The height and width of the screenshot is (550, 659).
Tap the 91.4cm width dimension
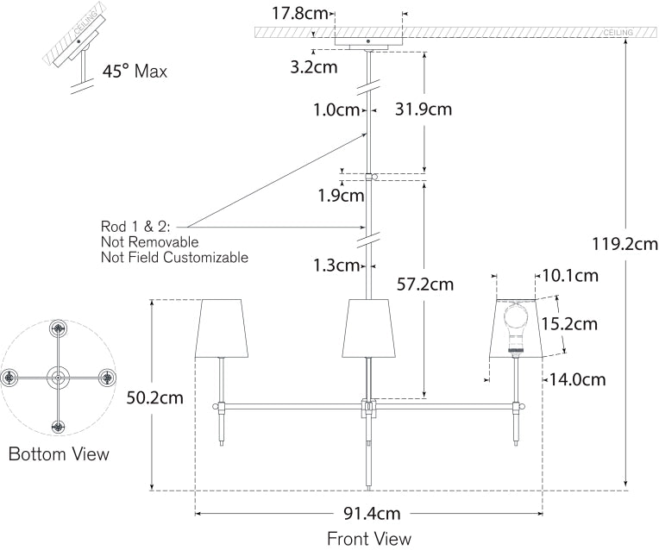(x=372, y=514)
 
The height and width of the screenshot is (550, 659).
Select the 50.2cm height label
(x=154, y=397)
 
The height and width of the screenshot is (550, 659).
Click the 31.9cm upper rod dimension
(x=423, y=109)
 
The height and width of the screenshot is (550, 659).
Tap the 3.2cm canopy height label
(x=311, y=65)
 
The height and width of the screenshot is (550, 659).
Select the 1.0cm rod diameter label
(x=336, y=109)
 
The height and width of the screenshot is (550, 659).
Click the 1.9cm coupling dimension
(x=340, y=196)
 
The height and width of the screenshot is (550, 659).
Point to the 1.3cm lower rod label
(x=336, y=265)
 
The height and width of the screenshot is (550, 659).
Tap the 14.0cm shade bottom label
(x=576, y=378)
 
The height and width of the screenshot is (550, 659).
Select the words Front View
(x=368, y=539)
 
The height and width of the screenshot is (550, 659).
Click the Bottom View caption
(x=59, y=453)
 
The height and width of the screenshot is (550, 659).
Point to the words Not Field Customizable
(x=174, y=257)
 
